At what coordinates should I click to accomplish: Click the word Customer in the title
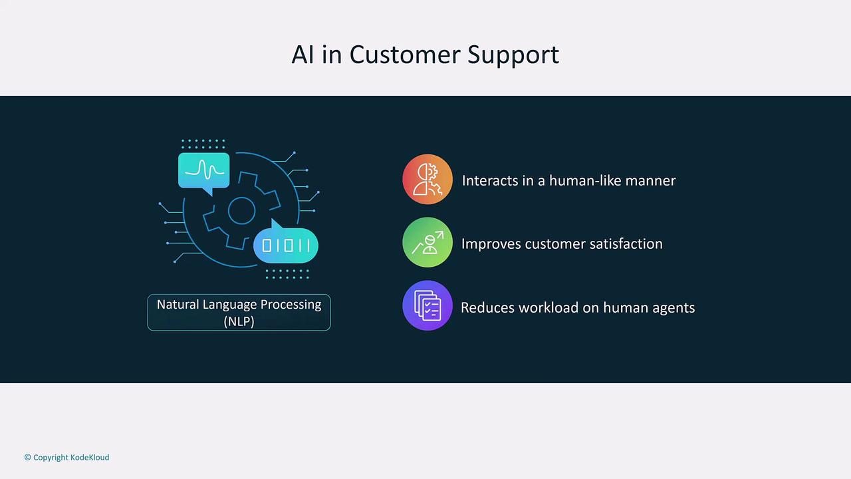(405, 55)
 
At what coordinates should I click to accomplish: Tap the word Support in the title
(513, 55)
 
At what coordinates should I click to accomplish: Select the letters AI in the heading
(303, 55)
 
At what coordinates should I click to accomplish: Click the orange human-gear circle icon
(427, 179)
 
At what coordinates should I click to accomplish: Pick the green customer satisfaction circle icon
(427, 242)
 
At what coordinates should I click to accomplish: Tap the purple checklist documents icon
(427, 305)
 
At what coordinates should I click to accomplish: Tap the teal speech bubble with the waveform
(204, 171)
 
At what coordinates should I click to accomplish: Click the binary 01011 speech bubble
(286, 243)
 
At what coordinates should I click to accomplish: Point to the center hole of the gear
(241, 211)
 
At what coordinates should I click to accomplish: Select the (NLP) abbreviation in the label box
(239, 321)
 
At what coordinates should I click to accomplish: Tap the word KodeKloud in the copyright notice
(90, 457)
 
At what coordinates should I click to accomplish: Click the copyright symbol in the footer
(27, 457)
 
